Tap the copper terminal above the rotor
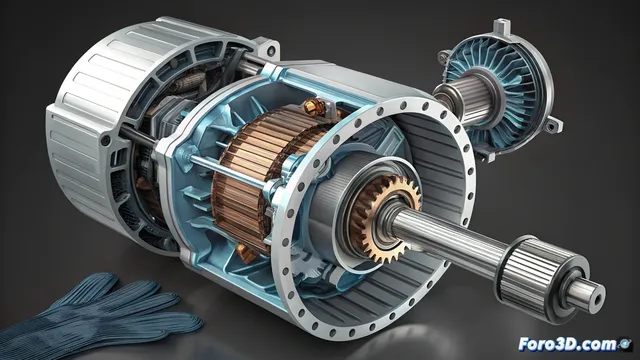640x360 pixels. (316, 107)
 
